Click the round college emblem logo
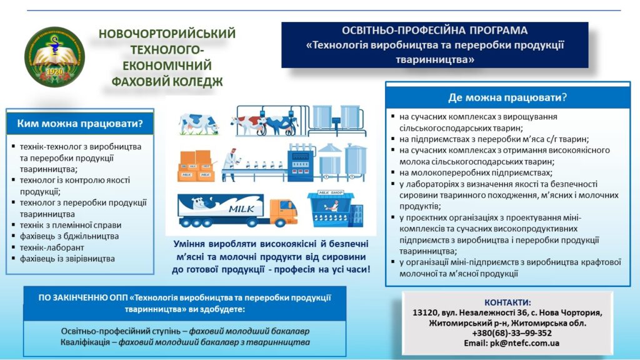point(55,57)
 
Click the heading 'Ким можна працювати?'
point(80,123)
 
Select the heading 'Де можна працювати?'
point(507,97)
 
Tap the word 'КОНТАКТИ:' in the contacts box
point(507,302)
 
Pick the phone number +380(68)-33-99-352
point(512,333)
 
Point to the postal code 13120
point(424,312)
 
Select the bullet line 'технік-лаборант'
point(52,247)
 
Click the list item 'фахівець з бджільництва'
point(69,236)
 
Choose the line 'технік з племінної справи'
point(71,225)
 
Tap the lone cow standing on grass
point(198,123)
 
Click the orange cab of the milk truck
point(283,212)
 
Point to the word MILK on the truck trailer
point(241,209)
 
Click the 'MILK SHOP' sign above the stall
point(331,192)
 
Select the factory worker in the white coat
point(231,165)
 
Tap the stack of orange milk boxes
point(196,166)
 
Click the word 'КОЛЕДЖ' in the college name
point(197,82)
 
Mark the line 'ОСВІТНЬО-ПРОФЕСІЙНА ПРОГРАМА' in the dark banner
point(435,30)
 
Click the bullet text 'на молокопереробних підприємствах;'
point(476,172)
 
